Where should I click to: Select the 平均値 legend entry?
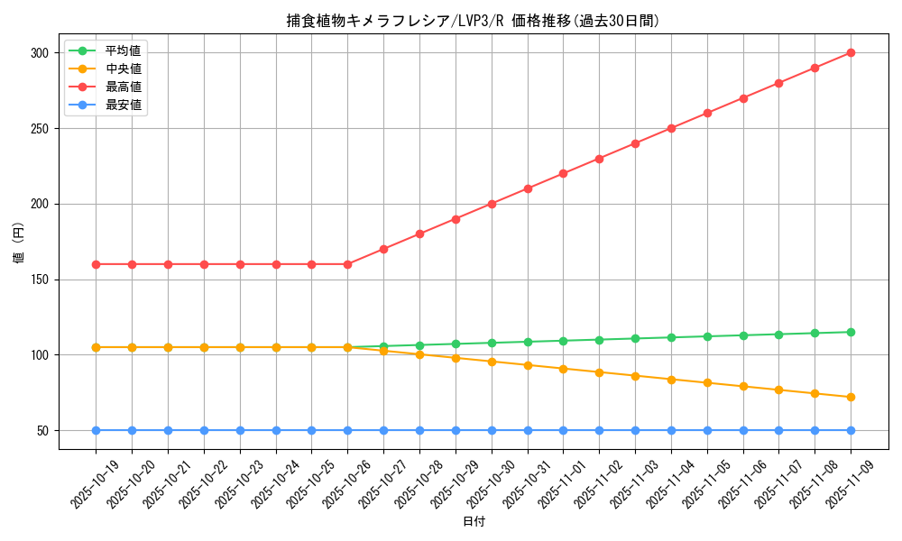click(123, 50)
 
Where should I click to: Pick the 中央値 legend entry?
click(123, 69)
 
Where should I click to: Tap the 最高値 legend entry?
click(123, 87)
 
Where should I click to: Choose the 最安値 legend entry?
click(123, 105)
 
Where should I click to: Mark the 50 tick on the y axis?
click(41, 431)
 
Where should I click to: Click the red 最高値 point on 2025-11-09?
click(851, 53)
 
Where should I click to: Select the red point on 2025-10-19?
click(96, 264)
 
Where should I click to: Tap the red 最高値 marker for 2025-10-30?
click(492, 204)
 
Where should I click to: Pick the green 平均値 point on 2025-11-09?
click(851, 332)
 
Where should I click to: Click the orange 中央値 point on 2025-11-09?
click(851, 397)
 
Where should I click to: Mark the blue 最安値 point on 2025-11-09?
click(851, 430)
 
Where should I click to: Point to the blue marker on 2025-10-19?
click(96, 430)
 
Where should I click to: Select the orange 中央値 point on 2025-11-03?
click(635, 376)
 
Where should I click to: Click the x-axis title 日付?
click(474, 522)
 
